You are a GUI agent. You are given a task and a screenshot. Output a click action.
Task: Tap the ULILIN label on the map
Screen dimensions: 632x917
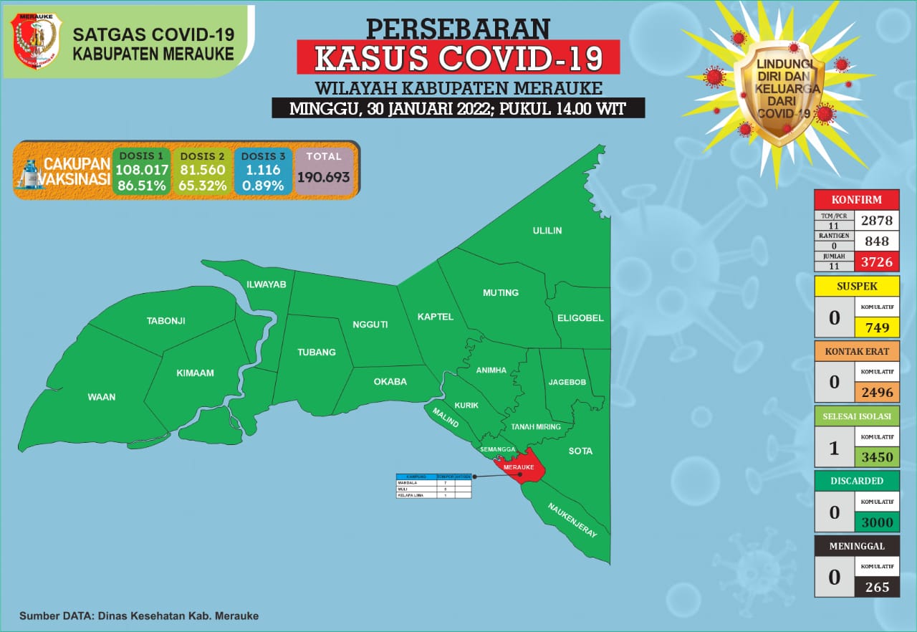547,230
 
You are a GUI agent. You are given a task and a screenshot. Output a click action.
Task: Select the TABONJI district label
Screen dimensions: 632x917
165,320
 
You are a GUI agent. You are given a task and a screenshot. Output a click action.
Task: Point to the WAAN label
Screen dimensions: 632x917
101,396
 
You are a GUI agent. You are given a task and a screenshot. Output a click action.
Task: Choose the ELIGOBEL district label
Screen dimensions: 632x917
580,317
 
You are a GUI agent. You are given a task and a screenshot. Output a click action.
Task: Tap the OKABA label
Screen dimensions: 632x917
390,381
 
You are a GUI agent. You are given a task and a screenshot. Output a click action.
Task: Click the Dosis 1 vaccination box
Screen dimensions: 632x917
141,172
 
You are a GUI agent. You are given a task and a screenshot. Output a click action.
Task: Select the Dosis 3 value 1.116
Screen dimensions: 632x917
262,170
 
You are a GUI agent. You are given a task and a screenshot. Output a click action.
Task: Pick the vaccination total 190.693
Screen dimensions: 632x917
324,176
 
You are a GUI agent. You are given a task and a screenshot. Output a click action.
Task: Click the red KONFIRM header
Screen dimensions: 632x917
856,199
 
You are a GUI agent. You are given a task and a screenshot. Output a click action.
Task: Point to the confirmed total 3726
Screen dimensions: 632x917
877,262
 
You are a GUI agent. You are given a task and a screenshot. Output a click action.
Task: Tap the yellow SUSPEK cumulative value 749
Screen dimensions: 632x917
877,327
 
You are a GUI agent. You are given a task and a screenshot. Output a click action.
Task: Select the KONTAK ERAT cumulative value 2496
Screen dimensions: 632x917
877,393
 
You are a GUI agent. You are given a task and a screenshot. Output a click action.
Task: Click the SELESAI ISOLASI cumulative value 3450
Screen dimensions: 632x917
877,458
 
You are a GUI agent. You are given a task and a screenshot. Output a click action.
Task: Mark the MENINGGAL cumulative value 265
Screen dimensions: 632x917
877,587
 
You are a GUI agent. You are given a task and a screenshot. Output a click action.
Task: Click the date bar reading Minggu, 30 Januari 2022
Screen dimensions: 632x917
458,109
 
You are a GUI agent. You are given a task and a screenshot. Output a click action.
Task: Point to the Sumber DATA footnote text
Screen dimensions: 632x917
139,616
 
